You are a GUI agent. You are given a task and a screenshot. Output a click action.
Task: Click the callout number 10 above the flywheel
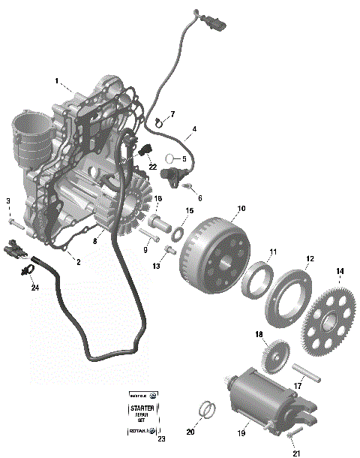click(241, 208)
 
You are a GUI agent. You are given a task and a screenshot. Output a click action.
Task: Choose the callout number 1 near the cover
click(57, 80)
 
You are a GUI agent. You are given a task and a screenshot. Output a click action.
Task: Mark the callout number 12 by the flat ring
click(309, 258)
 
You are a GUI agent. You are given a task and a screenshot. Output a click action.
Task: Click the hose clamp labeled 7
click(158, 122)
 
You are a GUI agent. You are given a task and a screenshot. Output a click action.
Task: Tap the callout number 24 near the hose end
click(34, 286)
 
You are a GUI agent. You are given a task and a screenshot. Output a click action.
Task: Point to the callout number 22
click(152, 166)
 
